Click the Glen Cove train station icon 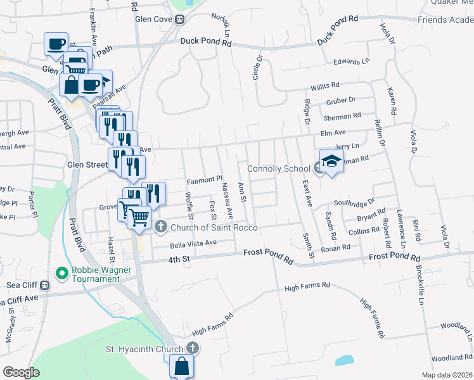click(181, 19)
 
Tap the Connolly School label click(278, 169)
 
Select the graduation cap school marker click(331, 162)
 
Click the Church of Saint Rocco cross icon click(161, 226)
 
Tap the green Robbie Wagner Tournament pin click(61, 274)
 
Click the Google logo click(21, 372)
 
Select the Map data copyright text click(446, 375)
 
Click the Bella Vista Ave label click(193, 243)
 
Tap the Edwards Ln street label click(350, 62)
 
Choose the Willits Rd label click(325, 85)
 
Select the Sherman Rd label click(342, 117)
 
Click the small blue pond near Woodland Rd click(343, 362)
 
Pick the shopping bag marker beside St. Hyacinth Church click(182, 367)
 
